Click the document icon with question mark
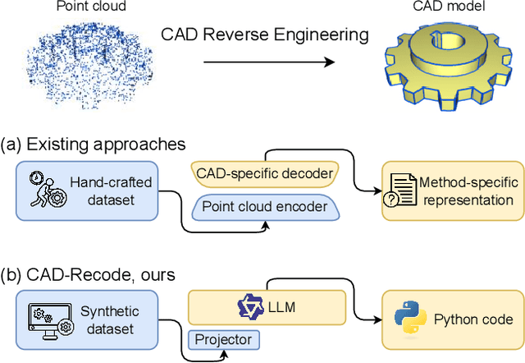pyautogui.click(x=402, y=191)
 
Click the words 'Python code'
pyautogui.click(x=472, y=319)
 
